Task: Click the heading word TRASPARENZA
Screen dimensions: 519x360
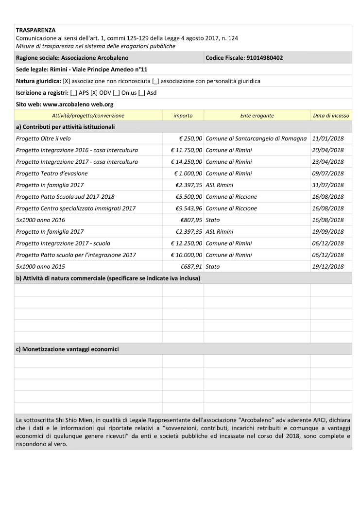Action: click(35, 30)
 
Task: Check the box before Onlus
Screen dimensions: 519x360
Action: click(117, 93)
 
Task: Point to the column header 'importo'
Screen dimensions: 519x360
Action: click(183, 116)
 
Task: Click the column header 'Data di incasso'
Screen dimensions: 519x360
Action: click(331, 116)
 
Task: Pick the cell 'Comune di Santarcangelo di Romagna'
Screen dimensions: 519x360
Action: click(256, 138)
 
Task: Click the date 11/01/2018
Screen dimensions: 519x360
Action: click(328, 138)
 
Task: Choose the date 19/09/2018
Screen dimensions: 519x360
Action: click(328, 232)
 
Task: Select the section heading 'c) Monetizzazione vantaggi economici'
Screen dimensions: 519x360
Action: click(68, 349)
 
